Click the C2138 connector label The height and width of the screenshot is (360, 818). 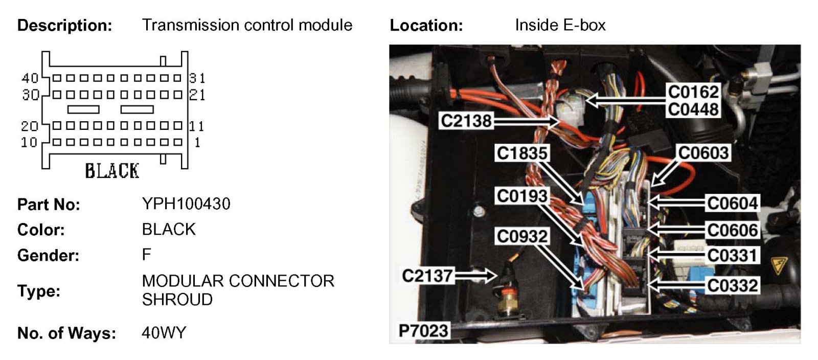pyautogui.click(x=466, y=121)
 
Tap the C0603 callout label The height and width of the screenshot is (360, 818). pyautogui.click(x=702, y=152)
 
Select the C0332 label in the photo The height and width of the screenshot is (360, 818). pyautogui.click(x=732, y=285)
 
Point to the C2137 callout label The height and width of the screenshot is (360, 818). pyautogui.click(x=427, y=276)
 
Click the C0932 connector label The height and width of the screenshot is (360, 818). pyautogui.click(x=522, y=236)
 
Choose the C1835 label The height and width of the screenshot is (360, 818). pyautogui.click(x=522, y=153)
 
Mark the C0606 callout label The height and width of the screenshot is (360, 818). pyautogui.click(x=732, y=230)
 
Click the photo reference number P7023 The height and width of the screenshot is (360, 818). pyautogui.click(x=423, y=331)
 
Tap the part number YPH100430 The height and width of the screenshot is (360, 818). pyautogui.click(x=186, y=204)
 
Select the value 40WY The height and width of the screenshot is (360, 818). pyautogui.click(x=164, y=333)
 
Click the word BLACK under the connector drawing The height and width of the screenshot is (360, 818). pyautogui.click(x=112, y=171)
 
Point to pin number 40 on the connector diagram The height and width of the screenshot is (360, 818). pyautogui.click(x=30, y=78)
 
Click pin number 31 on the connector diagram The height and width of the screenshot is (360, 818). pyautogui.click(x=197, y=78)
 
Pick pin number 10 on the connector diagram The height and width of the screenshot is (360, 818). pyautogui.click(x=29, y=142)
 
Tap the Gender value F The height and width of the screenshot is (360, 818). pyautogui.click(x=147, y=255)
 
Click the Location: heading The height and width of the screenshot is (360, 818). pyautogui.click(x=426, y=25)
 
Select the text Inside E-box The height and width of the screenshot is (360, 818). pyautogui.click(x=560, y=25)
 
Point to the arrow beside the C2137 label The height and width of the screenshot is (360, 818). pyautogui.click(x=475, y=276)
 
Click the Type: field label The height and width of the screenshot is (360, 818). pyautogui.click(x=39, y=291)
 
